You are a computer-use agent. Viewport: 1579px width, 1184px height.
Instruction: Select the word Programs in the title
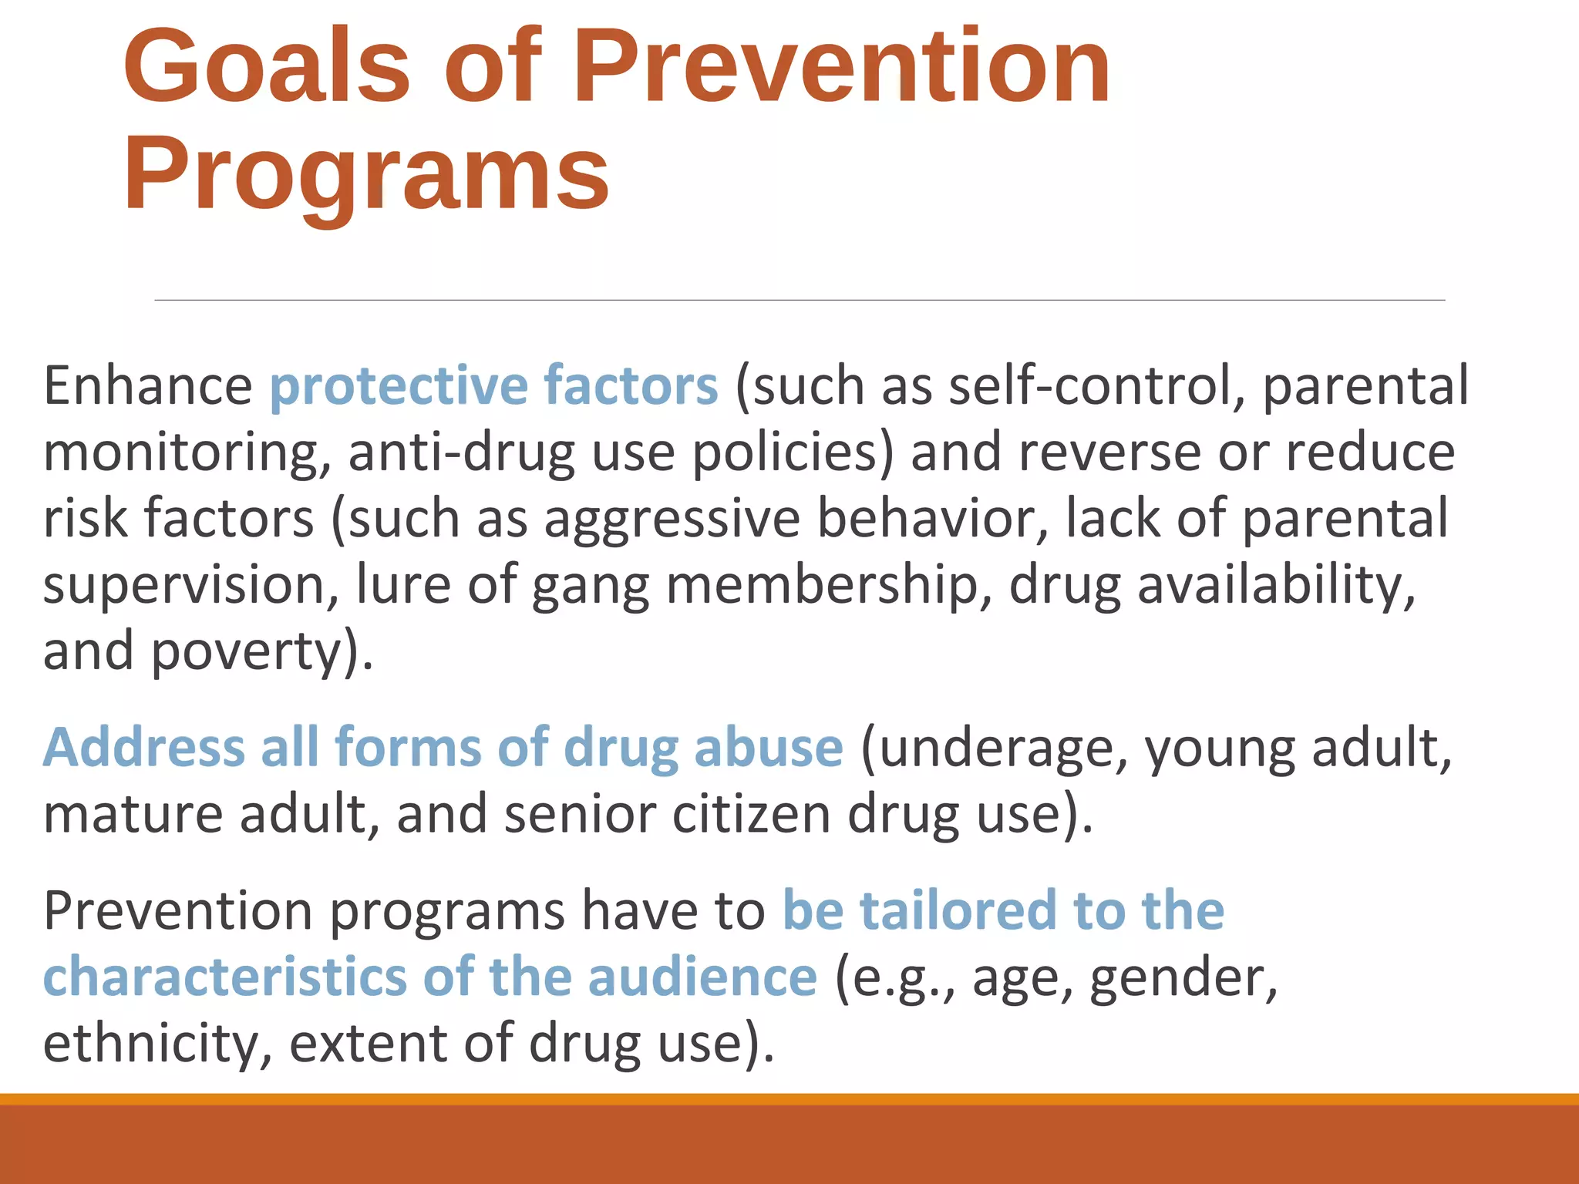point(366,173)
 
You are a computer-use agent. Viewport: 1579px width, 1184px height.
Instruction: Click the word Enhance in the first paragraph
point(147,385)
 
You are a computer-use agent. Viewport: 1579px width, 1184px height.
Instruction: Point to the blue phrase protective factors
point(493,385)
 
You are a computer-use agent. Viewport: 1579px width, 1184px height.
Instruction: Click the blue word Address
point(143,747)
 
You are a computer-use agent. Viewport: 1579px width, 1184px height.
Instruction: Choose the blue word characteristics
point(224,977)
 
